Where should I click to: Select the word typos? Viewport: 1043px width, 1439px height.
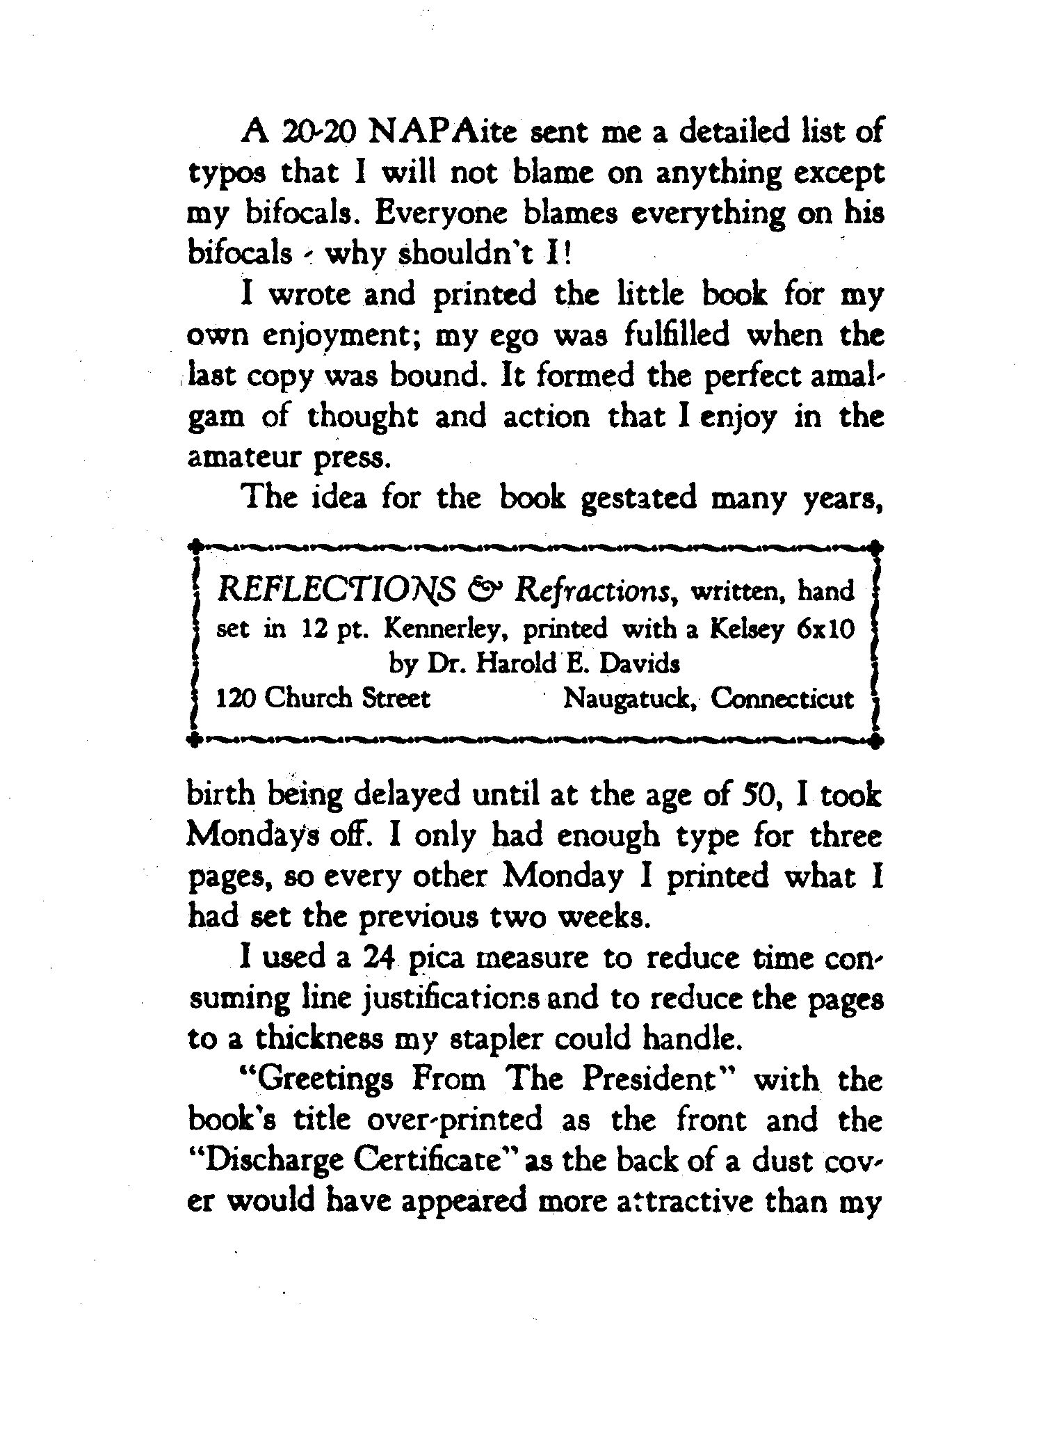pos(227,175)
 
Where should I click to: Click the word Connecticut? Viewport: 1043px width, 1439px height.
pos(782,698)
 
